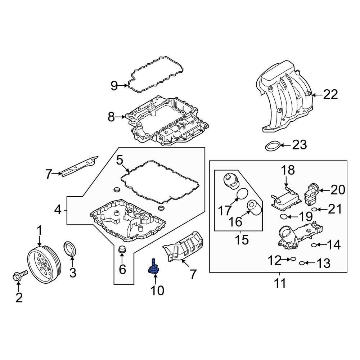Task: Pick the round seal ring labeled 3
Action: point(70,248)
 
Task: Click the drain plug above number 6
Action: point(122,249)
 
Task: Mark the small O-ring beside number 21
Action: point(314,210)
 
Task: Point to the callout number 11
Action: point(279,283)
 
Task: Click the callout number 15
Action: point(243,239)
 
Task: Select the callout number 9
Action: point(114,86)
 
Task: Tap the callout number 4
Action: point(58,210)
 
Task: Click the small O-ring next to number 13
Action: point(302,264)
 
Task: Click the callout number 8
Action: point(111,117)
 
